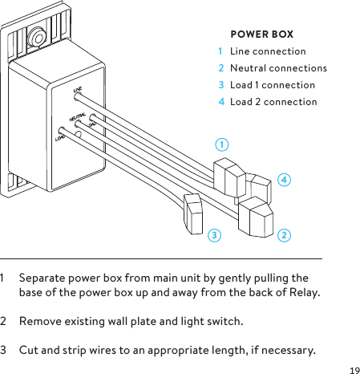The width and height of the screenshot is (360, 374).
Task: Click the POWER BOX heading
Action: click(261, 35)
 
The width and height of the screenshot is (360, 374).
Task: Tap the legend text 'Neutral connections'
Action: click(278, 68)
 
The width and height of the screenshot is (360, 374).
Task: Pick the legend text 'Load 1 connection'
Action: click(272, 85)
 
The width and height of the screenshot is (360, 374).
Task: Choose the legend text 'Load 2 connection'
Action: click(273, 102)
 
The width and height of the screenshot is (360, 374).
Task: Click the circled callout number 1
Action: click(221, 144)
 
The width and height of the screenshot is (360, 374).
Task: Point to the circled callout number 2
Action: click(284, 235)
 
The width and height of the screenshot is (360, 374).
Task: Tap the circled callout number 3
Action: click(213, 235)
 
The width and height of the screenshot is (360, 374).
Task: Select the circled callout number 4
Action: click(284, 179)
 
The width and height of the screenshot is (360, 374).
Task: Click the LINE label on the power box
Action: click(78, 90)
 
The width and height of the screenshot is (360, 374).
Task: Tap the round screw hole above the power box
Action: click(34, 37)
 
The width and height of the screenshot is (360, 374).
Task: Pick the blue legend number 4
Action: click(220, 102)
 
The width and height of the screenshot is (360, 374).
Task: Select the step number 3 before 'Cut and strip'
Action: click(4, 352)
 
